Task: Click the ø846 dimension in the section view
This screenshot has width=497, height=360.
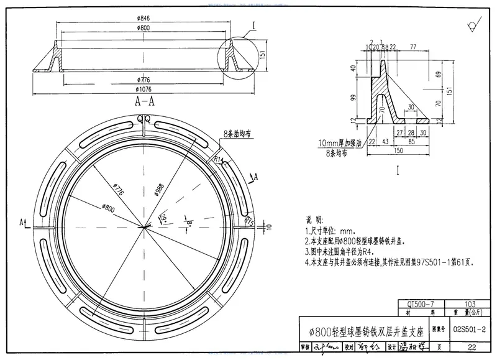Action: click(x=144, y=19)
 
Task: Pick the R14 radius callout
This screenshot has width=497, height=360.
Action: click(x=218, y=160)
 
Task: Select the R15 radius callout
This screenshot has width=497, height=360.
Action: click(x=249, y=221)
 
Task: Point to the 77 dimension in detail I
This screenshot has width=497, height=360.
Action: click(x=413, y=47)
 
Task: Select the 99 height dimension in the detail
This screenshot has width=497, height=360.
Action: click(x=353, y=98)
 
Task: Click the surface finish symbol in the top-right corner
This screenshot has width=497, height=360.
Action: click(x=472, y=24)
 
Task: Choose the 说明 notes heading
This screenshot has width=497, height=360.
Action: click(x=316, y=220)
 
